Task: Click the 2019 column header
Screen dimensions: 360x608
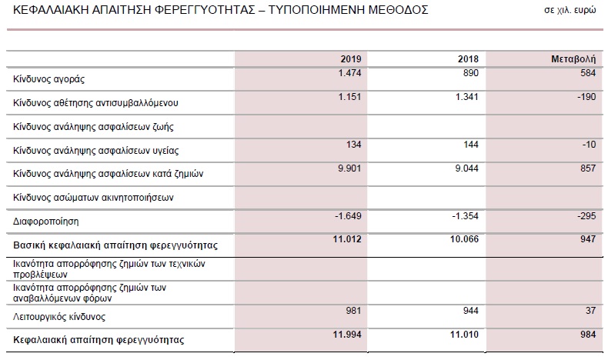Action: click(350, 59)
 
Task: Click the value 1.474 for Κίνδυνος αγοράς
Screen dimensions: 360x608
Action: click(349, 72)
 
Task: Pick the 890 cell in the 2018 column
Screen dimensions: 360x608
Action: click(470, 72)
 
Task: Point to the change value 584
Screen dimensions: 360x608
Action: click(587, 72)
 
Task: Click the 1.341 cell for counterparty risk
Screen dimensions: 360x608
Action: click(467, 96)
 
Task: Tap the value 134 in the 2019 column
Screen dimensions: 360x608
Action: click(353, 145)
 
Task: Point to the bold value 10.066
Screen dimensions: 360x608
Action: click(465, 241)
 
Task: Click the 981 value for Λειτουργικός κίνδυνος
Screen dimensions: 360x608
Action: click(353, 312)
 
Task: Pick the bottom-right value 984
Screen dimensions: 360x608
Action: click(587, 335)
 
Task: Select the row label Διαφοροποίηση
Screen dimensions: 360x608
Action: click(47, 222)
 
